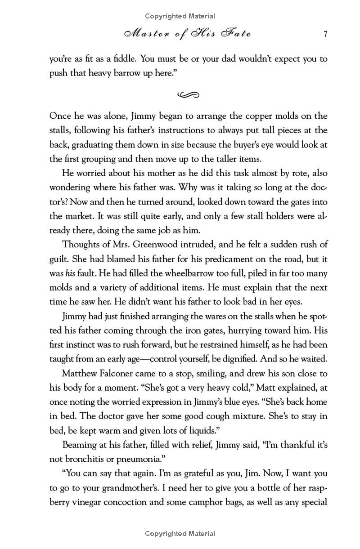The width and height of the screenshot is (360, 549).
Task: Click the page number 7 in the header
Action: (x=324, y=34)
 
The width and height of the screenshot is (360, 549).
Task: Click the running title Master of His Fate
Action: (x=183, y=34)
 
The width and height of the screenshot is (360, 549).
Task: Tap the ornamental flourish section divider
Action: (x=188, y=94)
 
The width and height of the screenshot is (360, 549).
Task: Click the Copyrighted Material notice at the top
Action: (x=180, y=16)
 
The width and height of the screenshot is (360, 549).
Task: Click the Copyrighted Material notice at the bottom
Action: (x=180, y=534)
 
